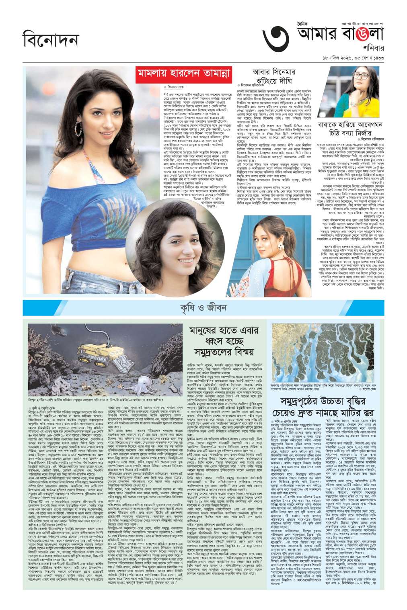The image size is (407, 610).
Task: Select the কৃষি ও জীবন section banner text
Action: click(203, 308)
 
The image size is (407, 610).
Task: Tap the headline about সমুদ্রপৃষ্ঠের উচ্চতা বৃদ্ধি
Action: click(328, 407)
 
